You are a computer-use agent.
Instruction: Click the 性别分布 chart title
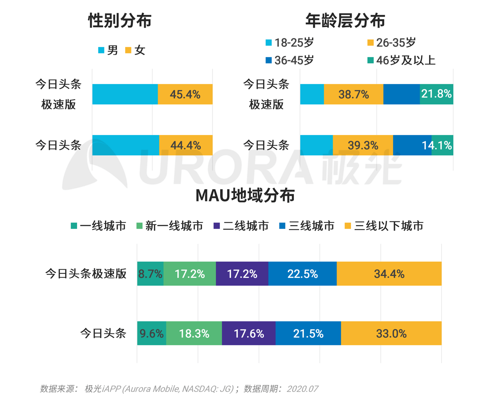click(x=120, y=20)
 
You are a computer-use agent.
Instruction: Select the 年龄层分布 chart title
click(x=345, y=20)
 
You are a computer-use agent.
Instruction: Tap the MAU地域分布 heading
click(x=245, y=196)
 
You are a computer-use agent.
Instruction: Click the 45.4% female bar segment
click(x=185, y=94)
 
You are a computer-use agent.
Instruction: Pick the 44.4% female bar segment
click(x=186, y=145)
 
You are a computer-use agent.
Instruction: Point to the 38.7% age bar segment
click(x=354, y=94)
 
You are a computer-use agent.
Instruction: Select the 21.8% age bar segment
click(x=436, y=94)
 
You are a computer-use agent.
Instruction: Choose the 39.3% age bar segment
click(x=363, y=145)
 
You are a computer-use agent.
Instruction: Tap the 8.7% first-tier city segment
click(x=150, y=274)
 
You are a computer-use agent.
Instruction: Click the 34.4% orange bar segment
click(x=389, y=274)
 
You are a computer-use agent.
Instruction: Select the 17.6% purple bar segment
click(x=249, y=334)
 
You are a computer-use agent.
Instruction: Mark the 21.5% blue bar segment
click(x=308, y=334)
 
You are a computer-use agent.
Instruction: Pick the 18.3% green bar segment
click(x=194, y=334)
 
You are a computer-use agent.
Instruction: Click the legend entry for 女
click(x=136, y=50)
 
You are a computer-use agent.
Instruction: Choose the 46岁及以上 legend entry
click(x=401, y=60)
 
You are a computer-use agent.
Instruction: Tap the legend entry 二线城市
click(x=241, y=226)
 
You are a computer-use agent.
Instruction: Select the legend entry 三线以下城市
click(x=384, y=226)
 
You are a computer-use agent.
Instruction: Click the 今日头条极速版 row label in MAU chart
click(x=86, y=274)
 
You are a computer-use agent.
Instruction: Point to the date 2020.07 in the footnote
click(x=302, y=389)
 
